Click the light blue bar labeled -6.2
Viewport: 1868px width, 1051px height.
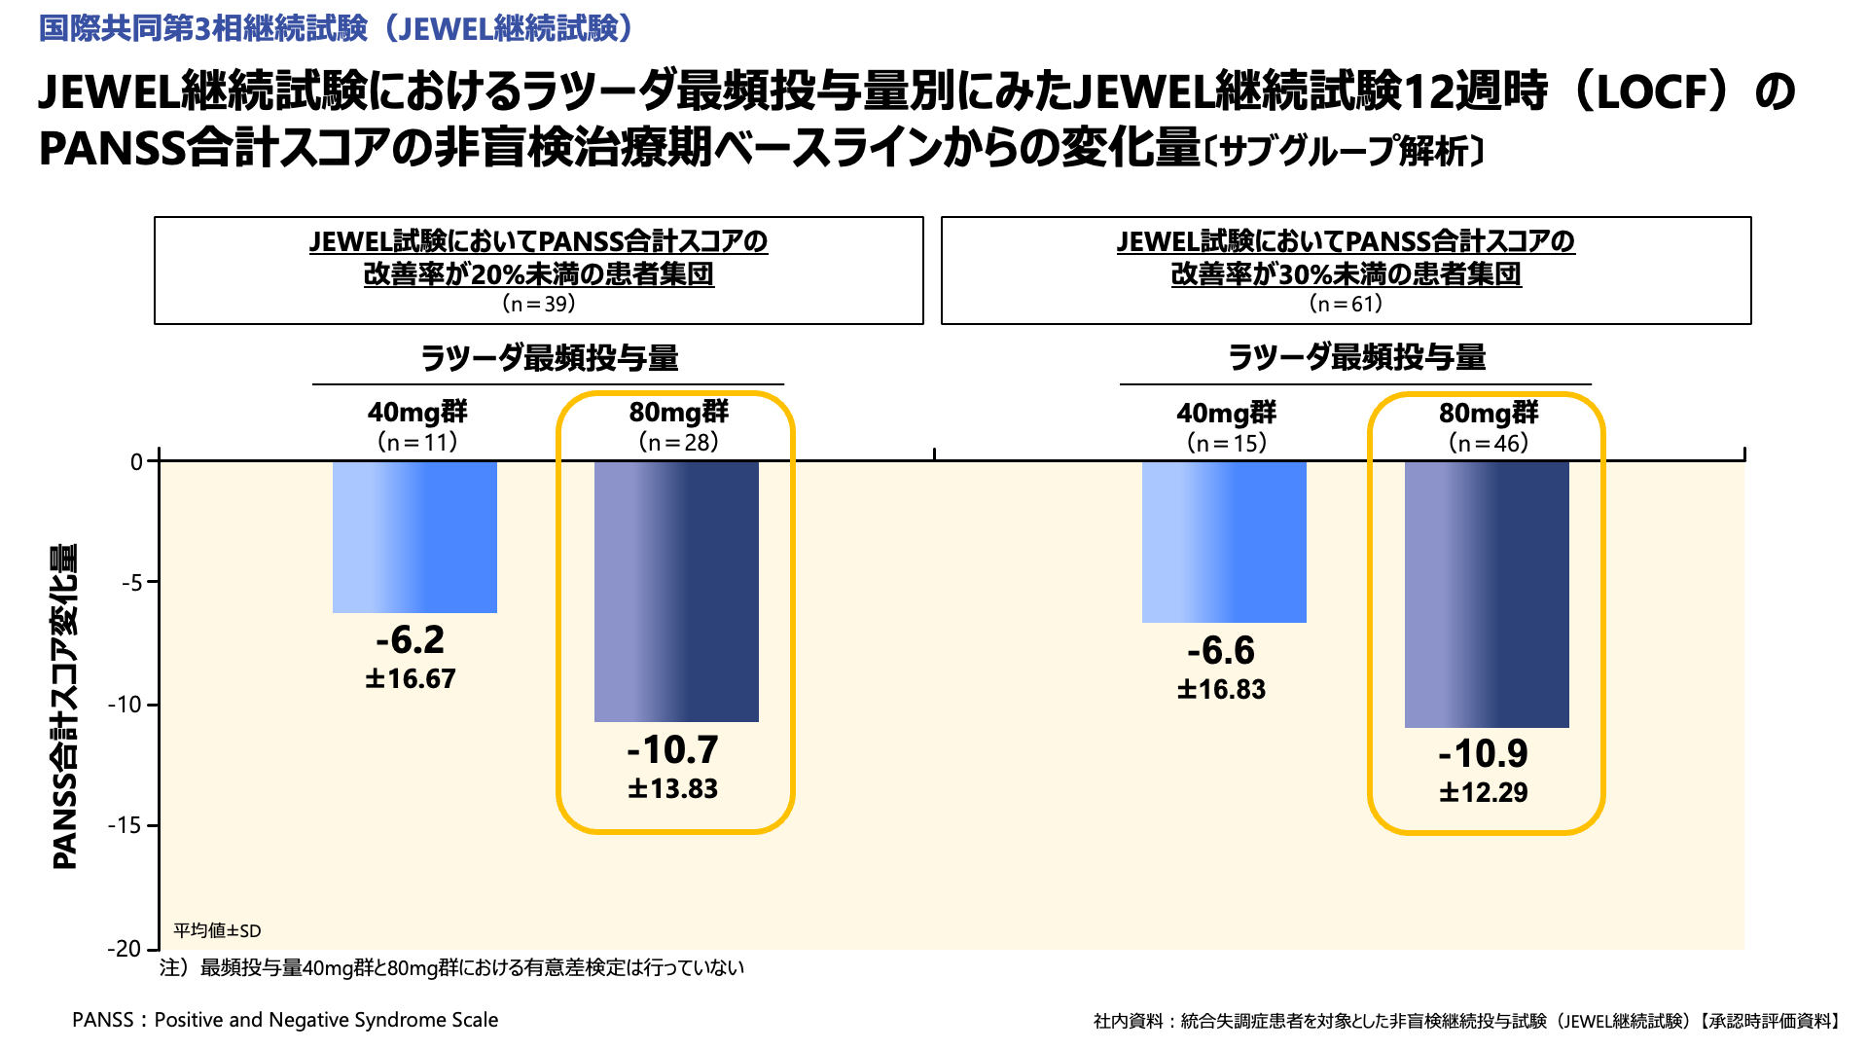(414, 536)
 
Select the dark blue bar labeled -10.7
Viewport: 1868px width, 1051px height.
(676, 591)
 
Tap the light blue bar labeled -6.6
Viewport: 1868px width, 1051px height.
(1224, 541)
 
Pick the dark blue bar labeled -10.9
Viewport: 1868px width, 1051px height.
(1487, 594)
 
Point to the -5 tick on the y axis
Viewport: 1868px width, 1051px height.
(132, 583)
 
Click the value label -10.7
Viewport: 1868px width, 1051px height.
(672, 749)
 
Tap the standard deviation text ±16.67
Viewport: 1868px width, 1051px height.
(411, 678)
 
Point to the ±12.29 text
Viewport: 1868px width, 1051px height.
(1484, 792)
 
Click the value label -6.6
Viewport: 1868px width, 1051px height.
(1221, 650)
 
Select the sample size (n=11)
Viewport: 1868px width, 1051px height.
(417, 443)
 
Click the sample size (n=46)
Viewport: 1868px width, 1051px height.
(1489, 444)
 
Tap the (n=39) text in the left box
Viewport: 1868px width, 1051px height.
(539, 304)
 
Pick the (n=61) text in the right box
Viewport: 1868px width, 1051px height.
(1347, 304)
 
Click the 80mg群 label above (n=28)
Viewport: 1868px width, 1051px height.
(678, 413)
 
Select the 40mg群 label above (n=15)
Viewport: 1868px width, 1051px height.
(1226, 414)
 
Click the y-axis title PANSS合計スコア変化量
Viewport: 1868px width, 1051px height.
(64, 706)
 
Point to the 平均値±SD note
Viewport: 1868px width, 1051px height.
(217, 930)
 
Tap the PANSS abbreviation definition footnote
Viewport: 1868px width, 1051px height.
(285, 1020)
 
